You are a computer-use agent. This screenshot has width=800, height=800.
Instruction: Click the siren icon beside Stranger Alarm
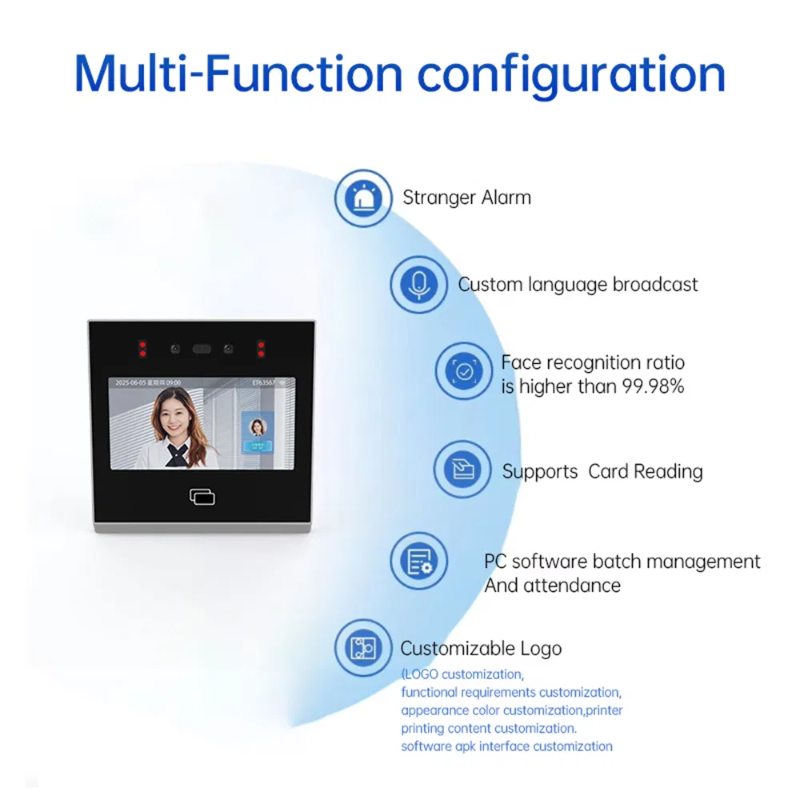(x=363, y=198)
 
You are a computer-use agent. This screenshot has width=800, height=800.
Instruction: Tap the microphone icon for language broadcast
(x=418, y=284)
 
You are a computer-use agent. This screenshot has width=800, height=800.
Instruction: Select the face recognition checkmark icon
(x=463, y=371)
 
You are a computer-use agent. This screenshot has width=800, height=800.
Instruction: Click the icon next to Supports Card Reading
(x=462, y=470)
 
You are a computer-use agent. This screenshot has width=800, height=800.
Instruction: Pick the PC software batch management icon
(x=418, y=562)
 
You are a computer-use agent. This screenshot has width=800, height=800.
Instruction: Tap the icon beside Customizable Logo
(x=363, y=647)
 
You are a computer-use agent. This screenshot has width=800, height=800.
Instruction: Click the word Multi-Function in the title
(x=238, y=74)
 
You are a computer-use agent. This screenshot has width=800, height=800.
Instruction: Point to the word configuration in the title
(x=571, y=74)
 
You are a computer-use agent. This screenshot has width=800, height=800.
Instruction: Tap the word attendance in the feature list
(x=571, y=585)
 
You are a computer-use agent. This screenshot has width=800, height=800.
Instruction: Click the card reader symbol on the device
(x=202, y=497)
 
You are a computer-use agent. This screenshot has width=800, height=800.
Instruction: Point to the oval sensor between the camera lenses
(x=202, y=349)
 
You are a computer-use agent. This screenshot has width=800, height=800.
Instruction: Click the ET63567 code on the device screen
(x=263, y=383)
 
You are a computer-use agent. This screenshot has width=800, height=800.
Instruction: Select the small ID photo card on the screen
(x=258, y=434)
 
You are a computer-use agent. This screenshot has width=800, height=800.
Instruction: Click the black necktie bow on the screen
(x=177, y=454)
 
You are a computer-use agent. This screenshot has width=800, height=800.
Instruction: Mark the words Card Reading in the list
(x=645, y=471)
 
